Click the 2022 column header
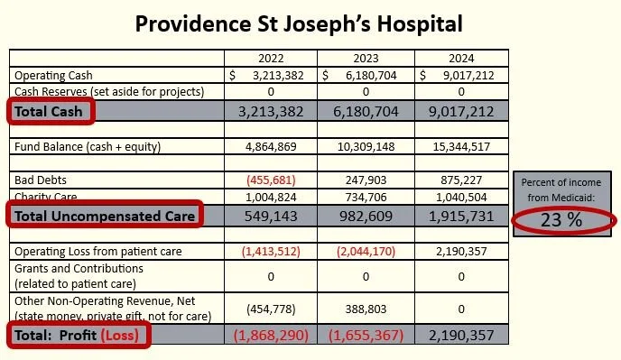pyautogui.click(x=271, y=59)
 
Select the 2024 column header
pyautogui.click(x=461, y=59)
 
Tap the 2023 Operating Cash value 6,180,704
pyautogui.click(x=371, y=75)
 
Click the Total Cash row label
pyautogui.click(x=49, y=112)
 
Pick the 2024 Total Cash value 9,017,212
pyautogui.click(x=461, y=112)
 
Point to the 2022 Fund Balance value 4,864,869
pyautogui.click(x=271, y=147)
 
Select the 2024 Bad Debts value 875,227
pyautogui.click(x=461, y=180)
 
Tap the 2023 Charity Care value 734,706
pyautogui.click(x=366, y=197)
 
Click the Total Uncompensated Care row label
pyautogui.click(x=105, y=217)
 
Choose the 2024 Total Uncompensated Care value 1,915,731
pyautogui.click(x=461, y=217)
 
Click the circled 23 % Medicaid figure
pyautogui.click(x=561, y=220)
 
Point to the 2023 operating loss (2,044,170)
pyautogui.click(x=366, y=252)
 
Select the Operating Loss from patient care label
pyautogui.click(x=98, y=252)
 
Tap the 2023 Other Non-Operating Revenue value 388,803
pyautogui.click(x=366, y=309)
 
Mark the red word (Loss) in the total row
pyautogui.click(x=120, y=336)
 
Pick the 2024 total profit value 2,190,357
pyautogui.click(x=461, y=336)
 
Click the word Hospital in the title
pyautogui.click(x=420, y=24)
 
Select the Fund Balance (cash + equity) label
pyautogui.click(x=88, y=147)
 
